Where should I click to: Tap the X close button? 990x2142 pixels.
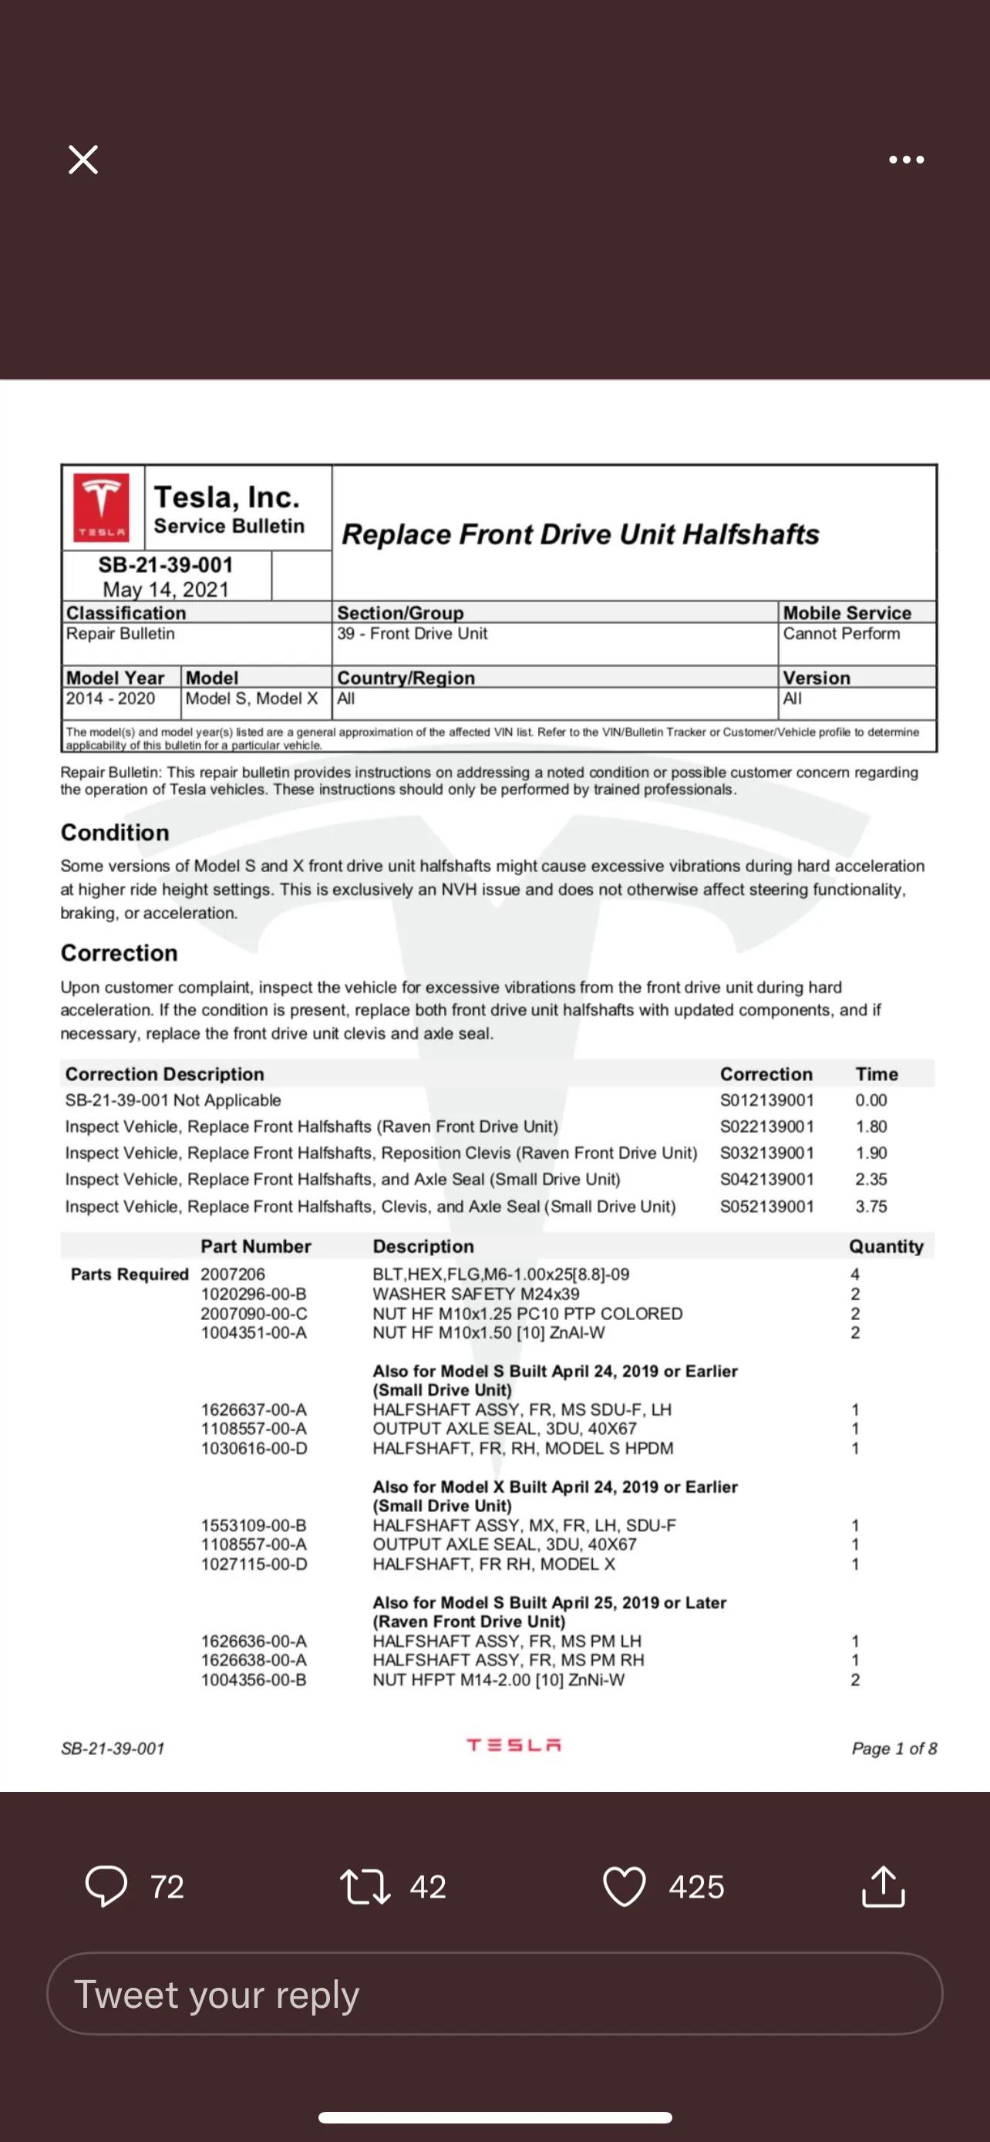click(x=83, y=159)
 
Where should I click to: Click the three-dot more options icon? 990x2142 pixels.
click(x=905, y=160)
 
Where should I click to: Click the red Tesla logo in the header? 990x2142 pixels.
click(x=102, y=507)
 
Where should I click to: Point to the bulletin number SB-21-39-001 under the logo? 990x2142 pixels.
click(x=166, y=564)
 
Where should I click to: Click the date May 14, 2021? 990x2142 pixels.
click(x=166, y=590)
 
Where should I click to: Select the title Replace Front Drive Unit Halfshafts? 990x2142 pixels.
click(x=581, y=534)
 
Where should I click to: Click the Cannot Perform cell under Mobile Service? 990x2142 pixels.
click(x=841, y=634)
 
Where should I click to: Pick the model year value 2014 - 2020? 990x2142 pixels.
click(x=110, y=699)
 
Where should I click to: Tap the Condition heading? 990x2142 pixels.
click(x=115, y=832)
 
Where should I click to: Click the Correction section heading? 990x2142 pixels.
click(x=119, y=953)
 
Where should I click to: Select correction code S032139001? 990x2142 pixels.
click(x=766, y=1154)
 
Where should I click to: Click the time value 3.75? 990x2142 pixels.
click(x=871, y=1207)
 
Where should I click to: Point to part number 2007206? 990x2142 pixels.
click(x=233, y=1274)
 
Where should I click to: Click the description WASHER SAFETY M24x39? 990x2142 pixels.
click(x=476, y=1294)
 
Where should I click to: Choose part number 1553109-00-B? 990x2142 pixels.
click(x=254, y=1525)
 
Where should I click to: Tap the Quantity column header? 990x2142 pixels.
click(x=886, y=1247)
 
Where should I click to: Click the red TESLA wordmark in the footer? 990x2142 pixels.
click(x=514, y=1746)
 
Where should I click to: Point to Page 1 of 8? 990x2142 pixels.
click(x=894, y=1748)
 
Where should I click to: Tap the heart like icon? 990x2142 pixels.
click(x=624, y=1886)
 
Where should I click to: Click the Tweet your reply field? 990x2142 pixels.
click(x=494, y=1994)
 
